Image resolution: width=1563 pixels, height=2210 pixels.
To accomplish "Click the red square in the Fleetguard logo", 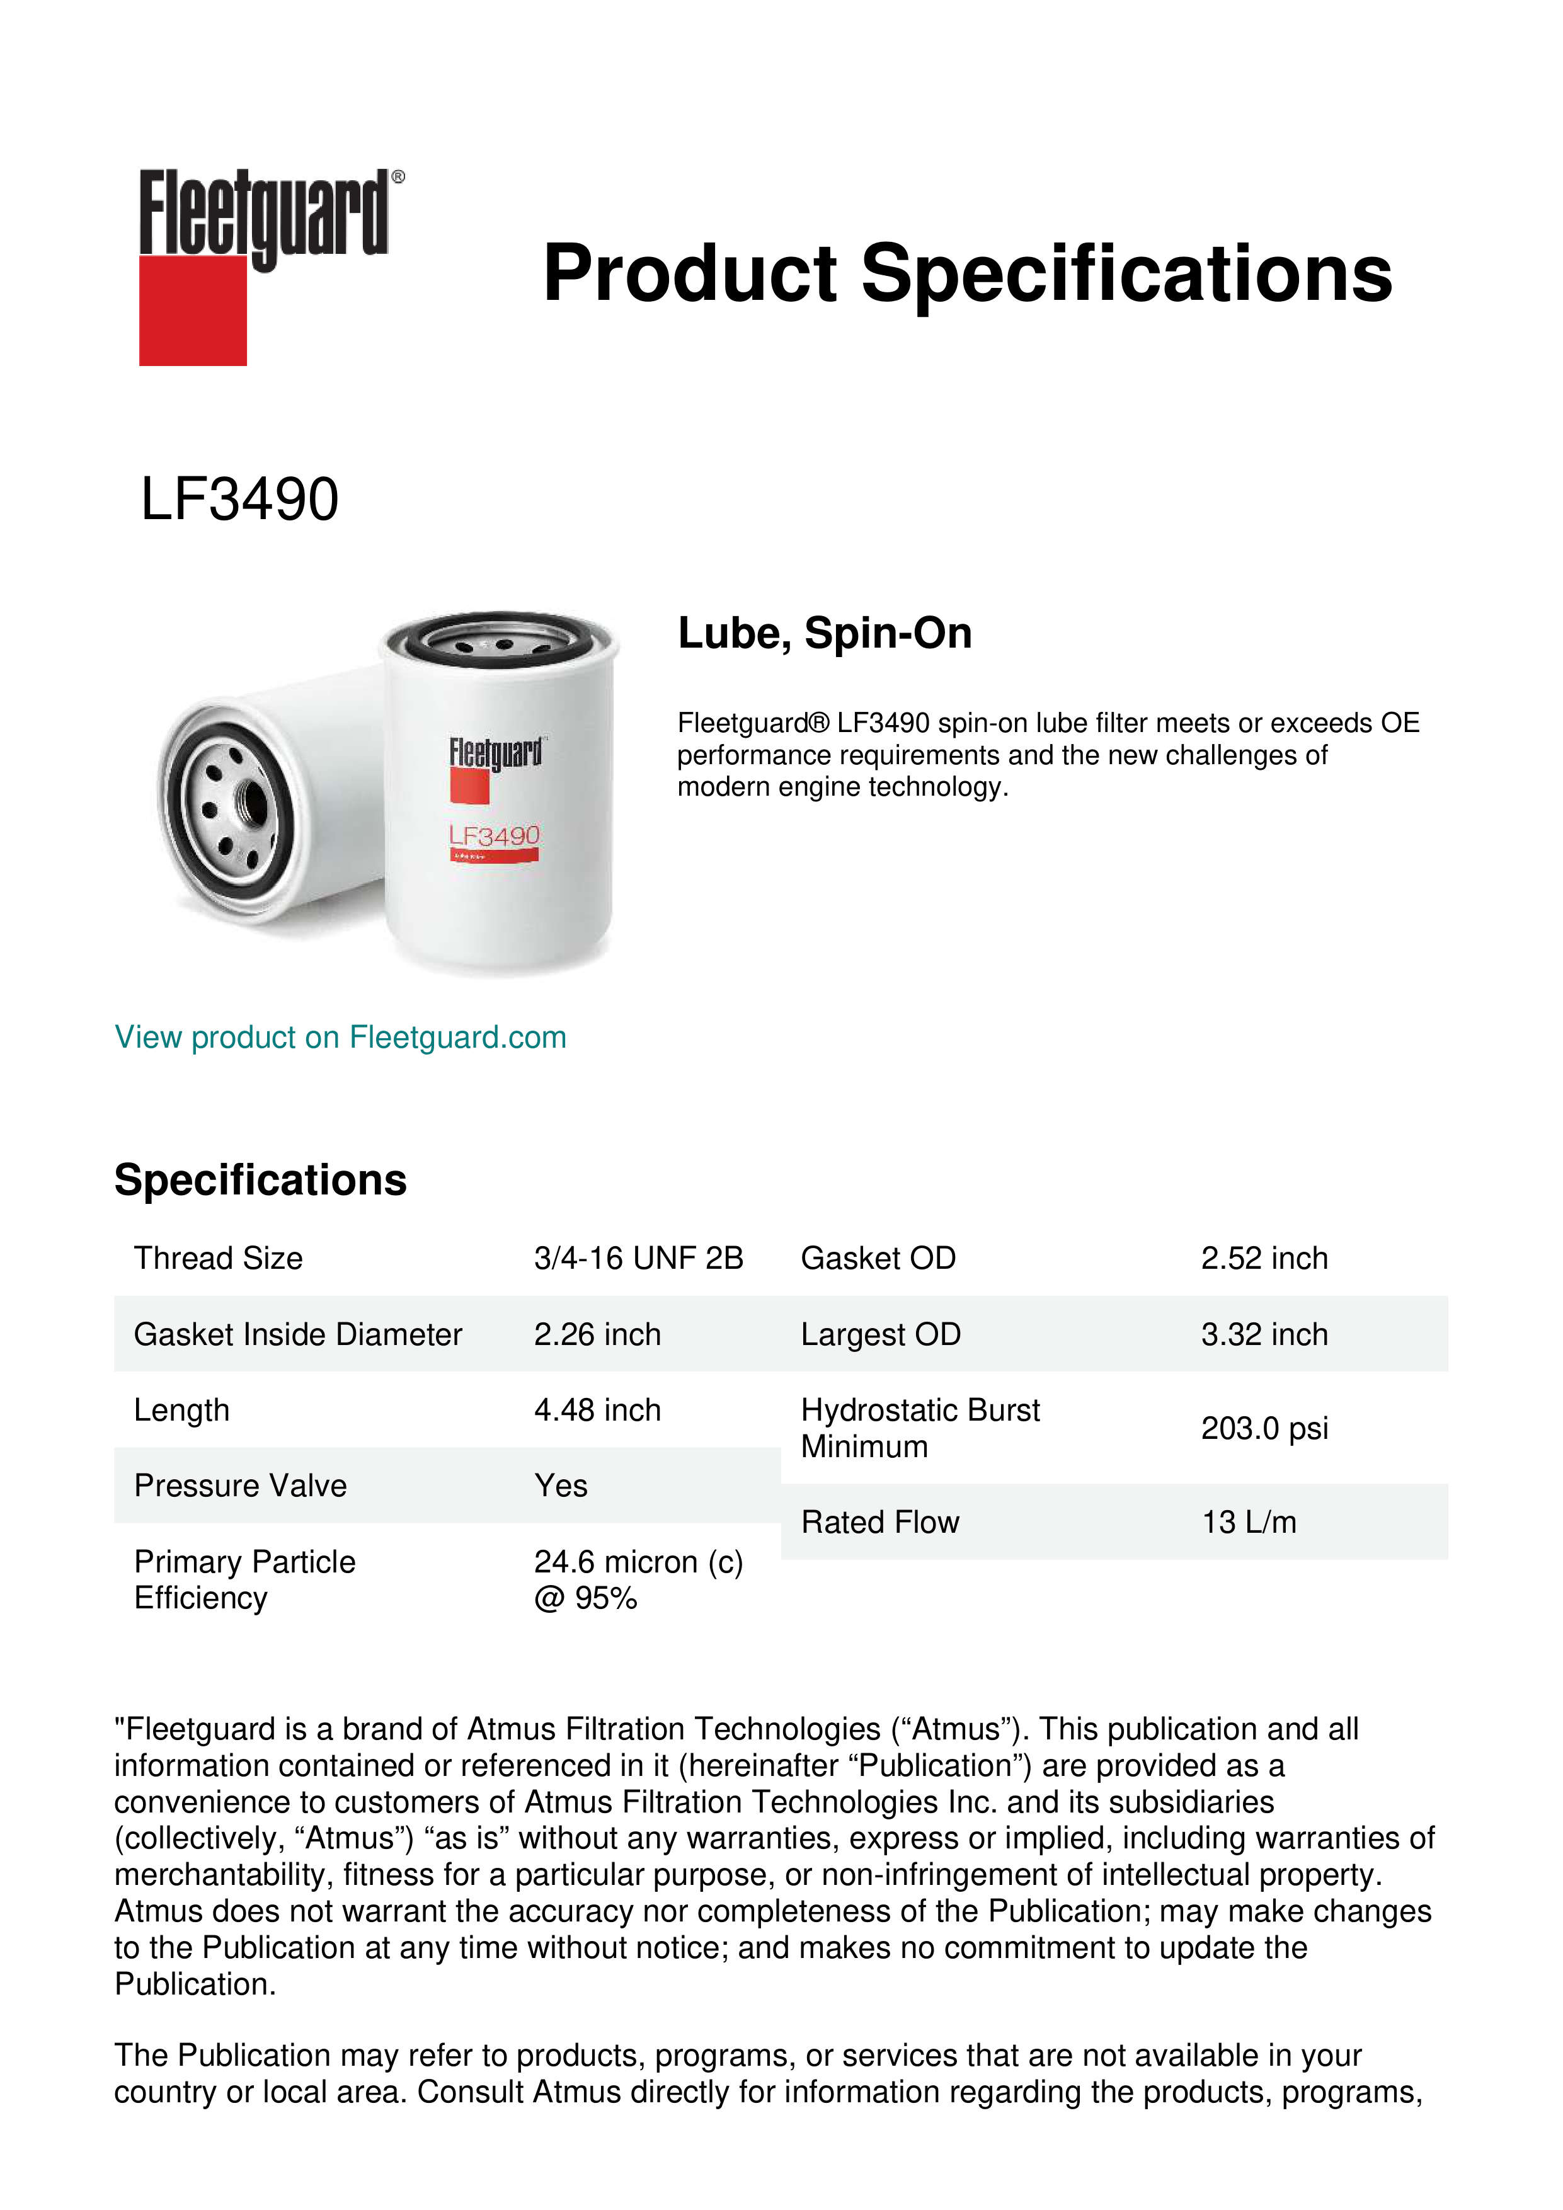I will point(193,310).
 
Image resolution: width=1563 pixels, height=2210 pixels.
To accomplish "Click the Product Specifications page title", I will point(967,273).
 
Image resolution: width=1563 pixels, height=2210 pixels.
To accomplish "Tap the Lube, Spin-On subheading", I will point(825,633).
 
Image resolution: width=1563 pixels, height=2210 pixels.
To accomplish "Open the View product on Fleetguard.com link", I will point(340,1037).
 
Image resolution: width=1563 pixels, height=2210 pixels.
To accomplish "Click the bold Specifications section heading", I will point(260,1179).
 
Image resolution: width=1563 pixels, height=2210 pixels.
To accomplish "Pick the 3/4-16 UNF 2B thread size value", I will point(638,1258).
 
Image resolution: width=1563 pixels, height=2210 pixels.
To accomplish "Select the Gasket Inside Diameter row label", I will point(297,1334).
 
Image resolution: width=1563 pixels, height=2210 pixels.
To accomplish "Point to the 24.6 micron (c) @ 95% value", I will point(638,1579).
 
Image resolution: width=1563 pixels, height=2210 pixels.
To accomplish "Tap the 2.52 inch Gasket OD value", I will point(1264,1258).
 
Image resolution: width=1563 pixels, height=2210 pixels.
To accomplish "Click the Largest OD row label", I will point(881,1334).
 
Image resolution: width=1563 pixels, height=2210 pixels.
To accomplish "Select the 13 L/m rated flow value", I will point(1248,1522).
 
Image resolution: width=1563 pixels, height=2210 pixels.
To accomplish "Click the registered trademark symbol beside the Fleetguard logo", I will point(398,177).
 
